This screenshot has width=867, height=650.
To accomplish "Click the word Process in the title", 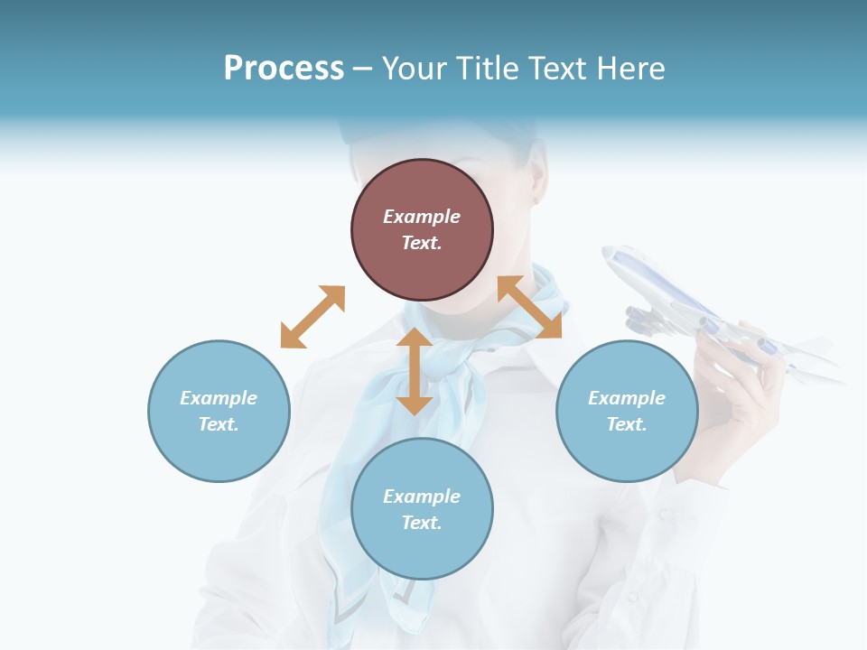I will click(x=284, y=69).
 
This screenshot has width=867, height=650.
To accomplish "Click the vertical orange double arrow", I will click(x=415, y=371).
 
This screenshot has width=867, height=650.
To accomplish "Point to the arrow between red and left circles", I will click(x=312, y=317).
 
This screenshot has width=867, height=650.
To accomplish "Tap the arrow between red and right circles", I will click(x=529, y=307).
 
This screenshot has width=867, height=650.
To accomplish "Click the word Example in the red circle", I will click(x=422, y=217).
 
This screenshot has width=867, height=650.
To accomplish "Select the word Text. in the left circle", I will click(x=219, y=424).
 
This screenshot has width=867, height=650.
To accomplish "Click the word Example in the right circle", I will click(x=627, y=398).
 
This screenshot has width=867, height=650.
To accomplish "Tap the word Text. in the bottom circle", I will click(x=422, y=523).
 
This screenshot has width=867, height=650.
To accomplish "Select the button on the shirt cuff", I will click(x=665, y=513).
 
